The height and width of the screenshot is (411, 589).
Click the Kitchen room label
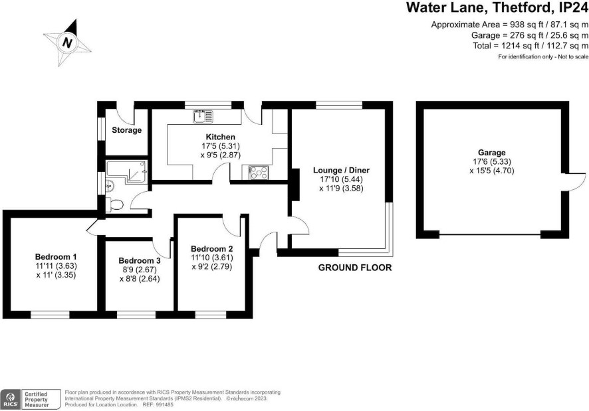221,137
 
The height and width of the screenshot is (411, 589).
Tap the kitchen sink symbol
203,116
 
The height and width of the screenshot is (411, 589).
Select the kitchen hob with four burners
259,173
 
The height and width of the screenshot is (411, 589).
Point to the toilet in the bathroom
115,205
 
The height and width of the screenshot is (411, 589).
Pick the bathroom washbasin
109,185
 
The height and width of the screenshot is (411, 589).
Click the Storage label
126,130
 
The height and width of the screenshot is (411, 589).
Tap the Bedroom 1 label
56,257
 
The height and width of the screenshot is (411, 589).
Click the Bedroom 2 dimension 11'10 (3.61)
212,258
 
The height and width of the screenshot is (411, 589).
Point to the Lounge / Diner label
342,170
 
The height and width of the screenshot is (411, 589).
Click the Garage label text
492,153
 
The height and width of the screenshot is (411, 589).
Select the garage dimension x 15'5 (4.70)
492,171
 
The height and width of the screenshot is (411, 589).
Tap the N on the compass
67,42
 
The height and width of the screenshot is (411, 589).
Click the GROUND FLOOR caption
355,268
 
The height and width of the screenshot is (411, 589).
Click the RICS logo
10,399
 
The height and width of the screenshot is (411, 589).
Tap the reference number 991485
165,404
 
